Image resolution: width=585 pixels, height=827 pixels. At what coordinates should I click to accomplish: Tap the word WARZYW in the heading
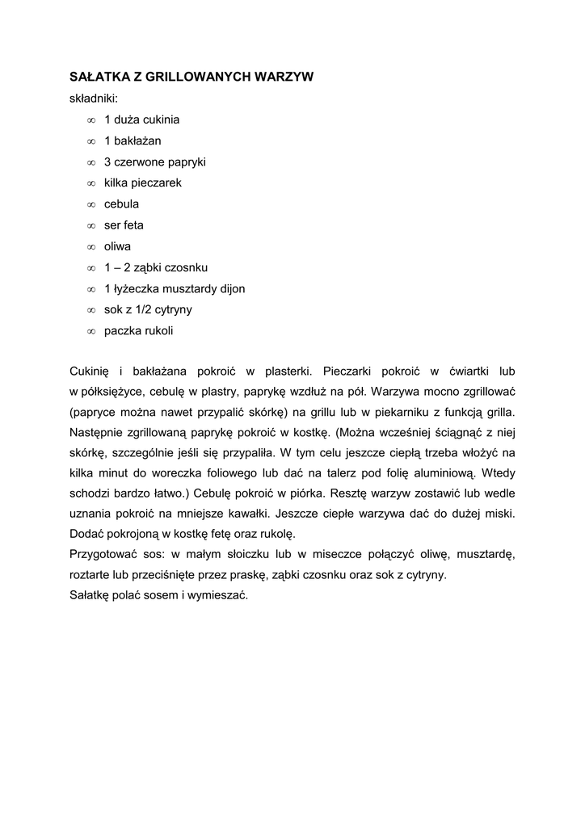coord(284,78)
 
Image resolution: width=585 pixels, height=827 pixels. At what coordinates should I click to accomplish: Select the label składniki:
coord(94,99)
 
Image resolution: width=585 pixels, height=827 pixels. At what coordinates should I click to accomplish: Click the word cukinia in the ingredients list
coord(161,120)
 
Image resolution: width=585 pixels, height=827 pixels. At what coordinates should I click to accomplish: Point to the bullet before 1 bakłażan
coord(90,141)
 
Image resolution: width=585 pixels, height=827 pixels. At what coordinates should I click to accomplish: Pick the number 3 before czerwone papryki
coord(107,162)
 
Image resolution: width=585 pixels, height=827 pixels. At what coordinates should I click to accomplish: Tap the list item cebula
coord(121,204)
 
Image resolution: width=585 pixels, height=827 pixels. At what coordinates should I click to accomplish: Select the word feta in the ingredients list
coord(134,225)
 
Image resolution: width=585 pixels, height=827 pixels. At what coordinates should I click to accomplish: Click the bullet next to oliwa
coord(90,246)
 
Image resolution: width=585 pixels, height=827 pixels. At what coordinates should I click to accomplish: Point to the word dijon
coord(229,288)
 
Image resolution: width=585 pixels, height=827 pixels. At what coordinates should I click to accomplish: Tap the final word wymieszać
coord(220,596)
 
